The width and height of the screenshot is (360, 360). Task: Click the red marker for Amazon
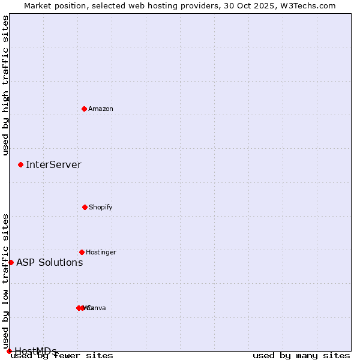(85, 109)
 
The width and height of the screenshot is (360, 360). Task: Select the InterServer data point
(21, 164)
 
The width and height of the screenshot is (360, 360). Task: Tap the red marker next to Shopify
(85, 207)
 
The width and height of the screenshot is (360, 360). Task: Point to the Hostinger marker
(82, 252)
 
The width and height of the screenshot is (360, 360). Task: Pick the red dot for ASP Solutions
(11, 262)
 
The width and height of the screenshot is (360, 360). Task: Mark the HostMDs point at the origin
(9, 351)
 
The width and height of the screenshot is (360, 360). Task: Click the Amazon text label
(101, 109)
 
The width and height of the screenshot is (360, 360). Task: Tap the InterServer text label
(53, 164)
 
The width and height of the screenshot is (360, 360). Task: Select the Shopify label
(101, 207)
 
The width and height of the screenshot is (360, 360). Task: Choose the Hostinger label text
(101, 252)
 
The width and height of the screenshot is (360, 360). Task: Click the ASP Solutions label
(49, 262)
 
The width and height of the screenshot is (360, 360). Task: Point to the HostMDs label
(36, 351)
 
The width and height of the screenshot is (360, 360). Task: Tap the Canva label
(97, 308)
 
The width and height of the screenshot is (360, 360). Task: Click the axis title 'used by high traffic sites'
(5, 85)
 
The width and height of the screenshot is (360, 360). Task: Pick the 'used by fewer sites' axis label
(62, 356)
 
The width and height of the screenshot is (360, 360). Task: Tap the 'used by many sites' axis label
(301, 356)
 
